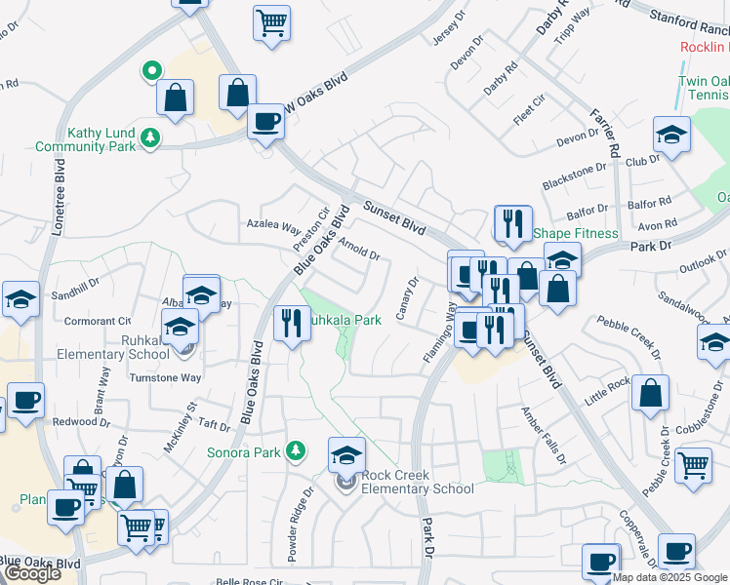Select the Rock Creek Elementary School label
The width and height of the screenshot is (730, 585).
tap(418, 482)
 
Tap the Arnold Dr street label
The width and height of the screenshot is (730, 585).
tap(359, 251)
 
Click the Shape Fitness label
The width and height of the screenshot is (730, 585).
tap(576, 233)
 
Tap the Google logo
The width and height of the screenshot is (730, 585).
tap(32, 573)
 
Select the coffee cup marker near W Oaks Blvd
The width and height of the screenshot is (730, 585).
tap(264, 122)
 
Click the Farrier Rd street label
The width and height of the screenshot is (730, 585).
tap(603, 133)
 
